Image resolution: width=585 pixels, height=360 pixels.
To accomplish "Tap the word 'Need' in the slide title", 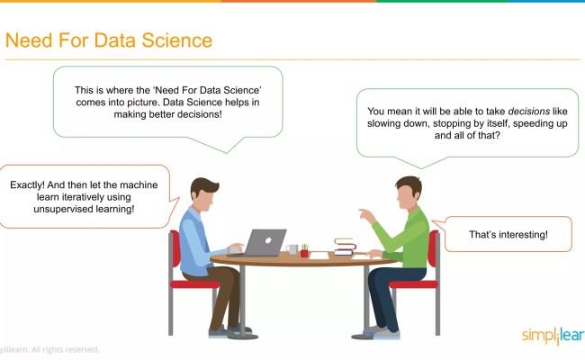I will click(x=27, y=40).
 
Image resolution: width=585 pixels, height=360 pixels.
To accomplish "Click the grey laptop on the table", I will click(x=265, y=241).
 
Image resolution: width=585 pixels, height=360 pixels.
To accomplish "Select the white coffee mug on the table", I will click(x=292, y=248).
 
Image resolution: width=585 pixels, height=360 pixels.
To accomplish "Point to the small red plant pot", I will click(x=304, y=252).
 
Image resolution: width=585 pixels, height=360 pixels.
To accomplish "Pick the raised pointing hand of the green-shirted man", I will click(x=364, y=216).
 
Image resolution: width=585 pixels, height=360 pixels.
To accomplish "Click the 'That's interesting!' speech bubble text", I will click(x=508, y=236).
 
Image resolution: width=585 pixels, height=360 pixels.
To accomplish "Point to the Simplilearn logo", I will click(x=552, y=337).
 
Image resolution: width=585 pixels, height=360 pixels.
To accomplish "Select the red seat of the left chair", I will click(x=193, y=284).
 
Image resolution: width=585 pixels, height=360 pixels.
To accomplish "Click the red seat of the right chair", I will click(x=415, y=284).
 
